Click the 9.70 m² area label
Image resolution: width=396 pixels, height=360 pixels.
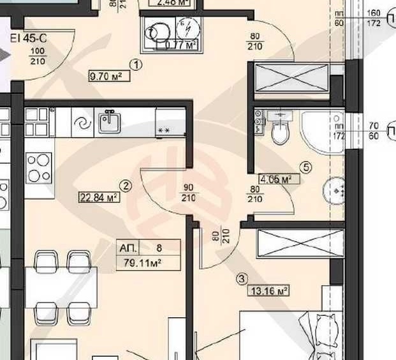[x=105, y=77]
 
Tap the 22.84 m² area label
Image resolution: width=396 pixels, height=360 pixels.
[x=98, y=197]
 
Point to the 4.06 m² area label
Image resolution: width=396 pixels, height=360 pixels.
[x=275, y=179]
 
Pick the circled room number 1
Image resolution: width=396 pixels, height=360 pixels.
[x=136, y=64]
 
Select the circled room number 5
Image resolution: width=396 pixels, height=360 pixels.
[x=306, y=168]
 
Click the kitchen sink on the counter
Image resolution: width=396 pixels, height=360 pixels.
[x=109, y=121]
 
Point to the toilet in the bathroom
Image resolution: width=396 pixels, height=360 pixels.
[x=279, y=130]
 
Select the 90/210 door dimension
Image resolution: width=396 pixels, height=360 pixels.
[x=189, y=193]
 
